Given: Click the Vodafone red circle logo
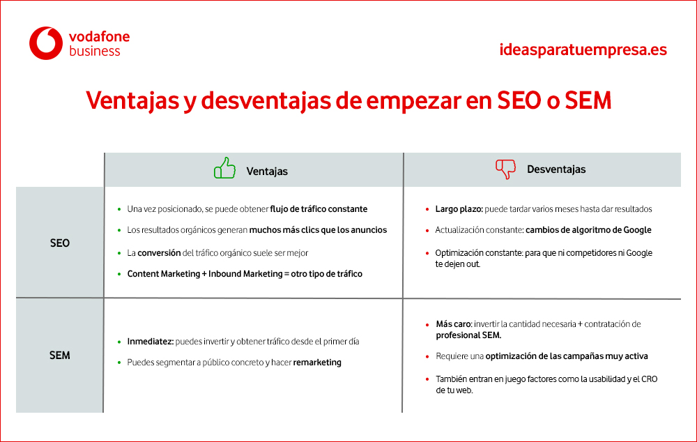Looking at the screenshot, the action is click(46, 43).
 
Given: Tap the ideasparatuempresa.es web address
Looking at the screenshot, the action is click(583, 49).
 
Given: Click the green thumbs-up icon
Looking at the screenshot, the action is click(224, 168).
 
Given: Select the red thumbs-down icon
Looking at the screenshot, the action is click(506, 169).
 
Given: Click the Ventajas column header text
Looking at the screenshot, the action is click(267, 172).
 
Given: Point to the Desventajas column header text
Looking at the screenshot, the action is click(556, 169).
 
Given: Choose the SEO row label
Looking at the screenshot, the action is click(59, 243).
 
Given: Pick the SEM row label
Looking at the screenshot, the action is click(59, 356).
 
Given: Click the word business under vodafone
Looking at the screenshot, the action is click(95, 51).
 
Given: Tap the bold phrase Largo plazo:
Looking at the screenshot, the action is click(459, 209).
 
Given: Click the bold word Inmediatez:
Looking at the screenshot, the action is click(151, 342).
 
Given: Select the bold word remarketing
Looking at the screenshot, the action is click(317, 363).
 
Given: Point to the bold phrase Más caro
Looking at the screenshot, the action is click(454, 324).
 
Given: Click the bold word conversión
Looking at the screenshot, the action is click(159, 253).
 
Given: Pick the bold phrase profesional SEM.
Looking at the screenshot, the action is click(468, 335).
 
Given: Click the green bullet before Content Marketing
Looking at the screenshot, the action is click(119, 275).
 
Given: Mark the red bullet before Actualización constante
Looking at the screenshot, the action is click(427, 231).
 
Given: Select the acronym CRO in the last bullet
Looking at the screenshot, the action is click(650, 379).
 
